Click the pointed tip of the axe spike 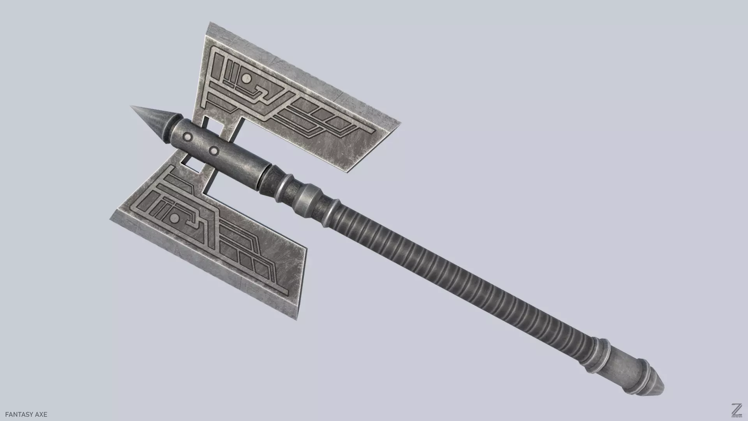pyautogui.click(x=132, y=106)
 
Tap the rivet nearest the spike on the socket pyautogui.click(x=188, y=137)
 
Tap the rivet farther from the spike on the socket pyautogui.click(x=213, y=150)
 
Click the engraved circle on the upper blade pyautogui.click(x=246, y=79)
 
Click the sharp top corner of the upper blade pyautogui.click(x=211, y=23)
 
